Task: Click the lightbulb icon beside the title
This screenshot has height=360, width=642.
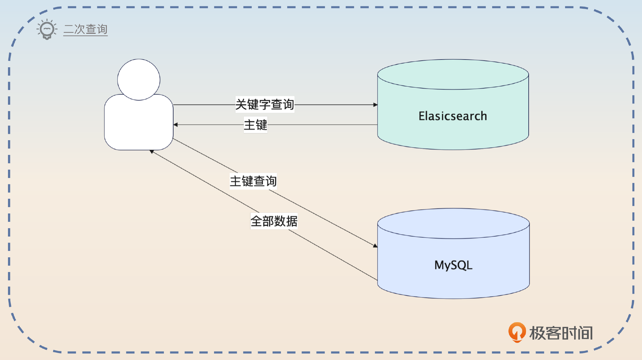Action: (47, 29)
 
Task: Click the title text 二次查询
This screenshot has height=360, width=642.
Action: (86, 29)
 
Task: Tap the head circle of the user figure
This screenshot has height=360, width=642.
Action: (139, 80)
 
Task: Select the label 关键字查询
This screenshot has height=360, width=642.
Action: (264, 105)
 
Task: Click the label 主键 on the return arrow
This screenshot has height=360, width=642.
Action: (255, 125)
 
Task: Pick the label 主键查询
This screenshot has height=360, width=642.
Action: (253, 181)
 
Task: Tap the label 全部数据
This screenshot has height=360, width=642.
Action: (274, 221)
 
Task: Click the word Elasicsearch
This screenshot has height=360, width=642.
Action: (453, 116)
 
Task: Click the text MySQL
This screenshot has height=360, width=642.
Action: (453, 265)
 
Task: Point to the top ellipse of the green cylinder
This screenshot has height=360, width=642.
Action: (453, 74)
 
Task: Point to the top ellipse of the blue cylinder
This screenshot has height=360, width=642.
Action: (453, 223)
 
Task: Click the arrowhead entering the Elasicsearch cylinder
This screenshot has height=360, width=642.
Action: (375, 105)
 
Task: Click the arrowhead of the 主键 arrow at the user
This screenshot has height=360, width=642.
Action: (176, 125)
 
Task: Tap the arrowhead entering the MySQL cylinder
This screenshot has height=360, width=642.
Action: (375, 246)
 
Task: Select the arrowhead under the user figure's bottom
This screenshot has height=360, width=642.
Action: (152, 152)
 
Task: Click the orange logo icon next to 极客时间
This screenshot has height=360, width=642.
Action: (517, 332)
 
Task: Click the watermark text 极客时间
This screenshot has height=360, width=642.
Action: (561, 333)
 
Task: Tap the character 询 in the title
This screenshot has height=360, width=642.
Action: (102, 29)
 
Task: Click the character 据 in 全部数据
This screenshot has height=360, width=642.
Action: (292, 221)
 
